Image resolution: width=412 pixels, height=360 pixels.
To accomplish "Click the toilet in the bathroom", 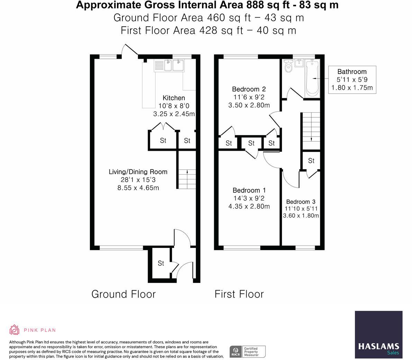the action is pos(289,66).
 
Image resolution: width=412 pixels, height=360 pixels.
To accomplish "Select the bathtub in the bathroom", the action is pos(312,78).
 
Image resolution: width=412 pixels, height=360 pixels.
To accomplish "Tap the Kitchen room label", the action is pos(174,98).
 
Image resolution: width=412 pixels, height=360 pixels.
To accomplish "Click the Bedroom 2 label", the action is pos(249,89).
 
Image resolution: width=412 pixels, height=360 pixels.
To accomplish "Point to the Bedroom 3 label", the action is pos(301,202).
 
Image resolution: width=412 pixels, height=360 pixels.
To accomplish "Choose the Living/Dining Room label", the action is pos(138,172).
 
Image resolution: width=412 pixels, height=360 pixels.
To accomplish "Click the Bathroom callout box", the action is pos(352,80).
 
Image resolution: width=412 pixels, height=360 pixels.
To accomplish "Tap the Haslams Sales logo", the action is pos(378,334).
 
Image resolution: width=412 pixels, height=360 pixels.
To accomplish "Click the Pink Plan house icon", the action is pos(14,330).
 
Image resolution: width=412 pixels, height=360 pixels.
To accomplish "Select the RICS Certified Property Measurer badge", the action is pos(248,352).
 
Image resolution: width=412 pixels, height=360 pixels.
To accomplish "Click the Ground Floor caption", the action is pos(123,294).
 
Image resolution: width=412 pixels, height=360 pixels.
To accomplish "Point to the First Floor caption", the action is pos(239,294).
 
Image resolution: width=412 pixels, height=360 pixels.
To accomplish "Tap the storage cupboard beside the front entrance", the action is pos(161,263).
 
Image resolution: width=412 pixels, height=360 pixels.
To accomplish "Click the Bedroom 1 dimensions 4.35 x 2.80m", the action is pos(249,206).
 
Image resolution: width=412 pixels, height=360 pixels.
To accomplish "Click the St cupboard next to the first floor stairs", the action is pos(311,160).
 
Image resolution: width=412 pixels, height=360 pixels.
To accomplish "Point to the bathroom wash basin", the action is pos(299,63).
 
